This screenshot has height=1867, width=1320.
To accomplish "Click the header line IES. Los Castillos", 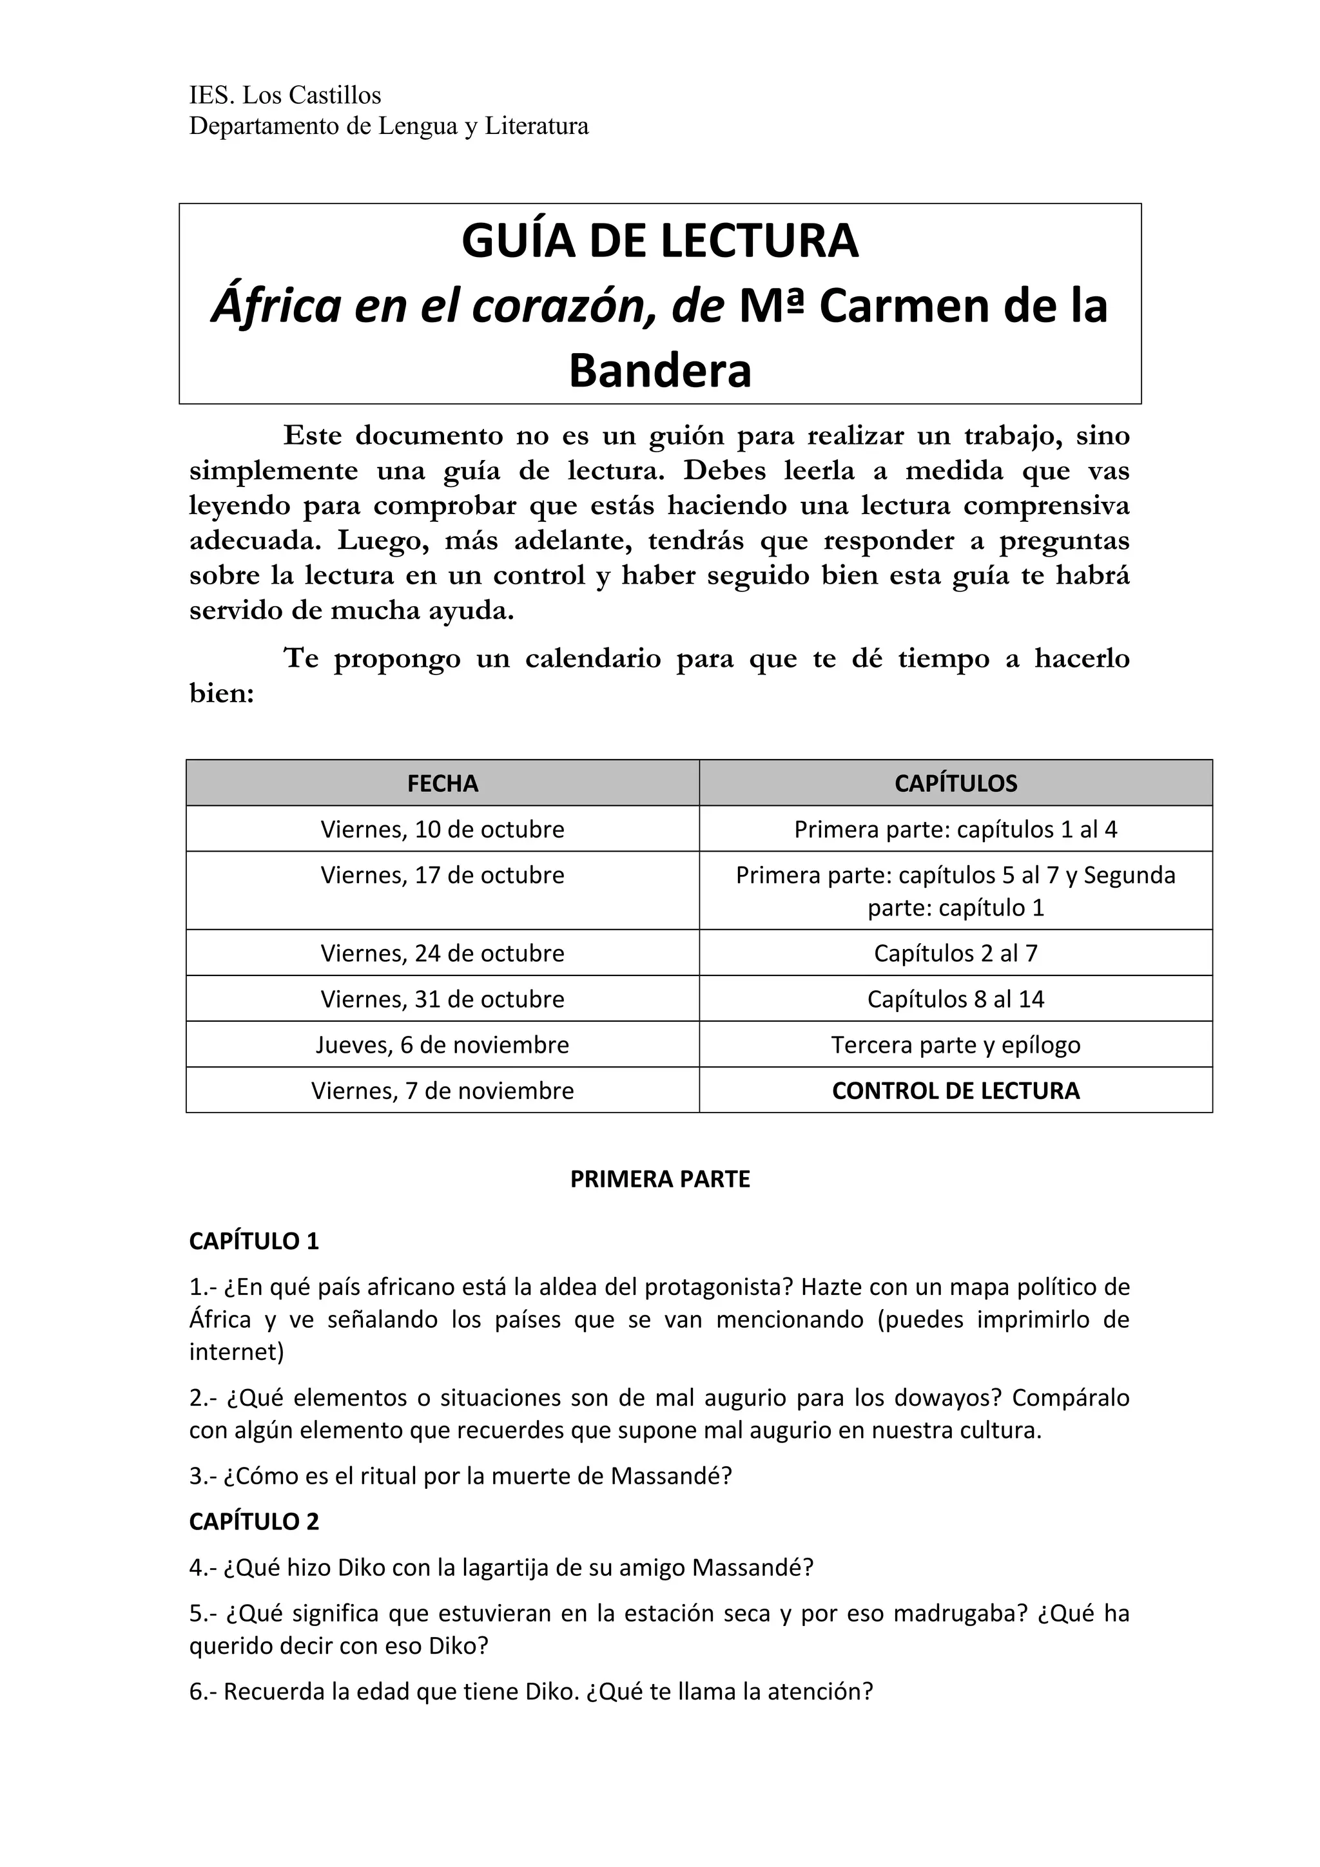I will coord(285,96).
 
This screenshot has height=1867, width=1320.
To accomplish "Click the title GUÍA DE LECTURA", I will coord(659,241).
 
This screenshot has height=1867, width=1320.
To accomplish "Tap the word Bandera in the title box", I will coord(659,371).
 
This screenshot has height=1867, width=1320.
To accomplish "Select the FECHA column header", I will coord(442,783).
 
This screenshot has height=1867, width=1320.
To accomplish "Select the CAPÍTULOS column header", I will coord(956,783).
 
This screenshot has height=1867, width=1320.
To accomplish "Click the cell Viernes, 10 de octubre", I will coord(442,829).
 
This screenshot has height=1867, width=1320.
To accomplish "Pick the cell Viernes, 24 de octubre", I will coord(442,953).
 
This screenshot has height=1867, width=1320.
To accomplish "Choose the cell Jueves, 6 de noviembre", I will coord(442,1045).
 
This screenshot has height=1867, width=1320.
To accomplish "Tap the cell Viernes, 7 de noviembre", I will coord(442,1091).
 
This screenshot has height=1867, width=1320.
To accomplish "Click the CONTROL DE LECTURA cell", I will coord(956,1091).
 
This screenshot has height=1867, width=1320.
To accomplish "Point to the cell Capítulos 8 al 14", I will coord(956,999).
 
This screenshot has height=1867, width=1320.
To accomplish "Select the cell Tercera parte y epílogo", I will coord(956,1045).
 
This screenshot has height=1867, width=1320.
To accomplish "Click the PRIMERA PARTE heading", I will coord(659,1179).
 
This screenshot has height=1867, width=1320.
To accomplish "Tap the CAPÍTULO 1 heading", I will coord(254,1241).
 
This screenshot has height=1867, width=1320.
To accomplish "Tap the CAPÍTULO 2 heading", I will coord(254,1522).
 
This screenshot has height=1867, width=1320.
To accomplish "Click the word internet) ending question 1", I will coord(237,1352).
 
